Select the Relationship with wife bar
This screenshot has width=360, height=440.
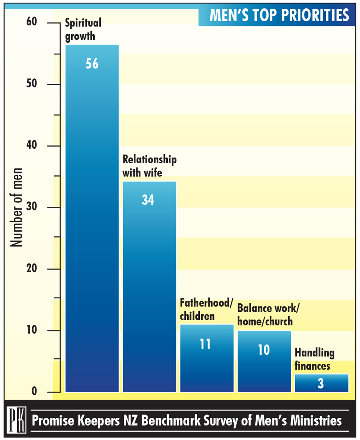click(149, 288)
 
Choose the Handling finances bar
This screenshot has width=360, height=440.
click(321, 383)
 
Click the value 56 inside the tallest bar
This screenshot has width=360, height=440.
click(92, 64)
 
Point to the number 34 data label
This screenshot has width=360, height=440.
click(148, 200)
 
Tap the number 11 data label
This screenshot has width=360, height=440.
click(205, 344)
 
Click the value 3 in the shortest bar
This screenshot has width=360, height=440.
click(321, 384)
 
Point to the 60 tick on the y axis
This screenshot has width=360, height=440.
click(32, 22)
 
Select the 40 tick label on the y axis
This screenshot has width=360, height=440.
click(32, 145)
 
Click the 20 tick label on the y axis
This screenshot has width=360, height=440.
click(32, 269)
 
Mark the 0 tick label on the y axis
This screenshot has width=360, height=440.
click(35, 391)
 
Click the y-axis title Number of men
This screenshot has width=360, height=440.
click(17, 208)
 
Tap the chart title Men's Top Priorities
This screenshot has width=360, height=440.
click(279, 15)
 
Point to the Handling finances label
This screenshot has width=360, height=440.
click(314, 359)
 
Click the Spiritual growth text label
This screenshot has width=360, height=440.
click(83, 29)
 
